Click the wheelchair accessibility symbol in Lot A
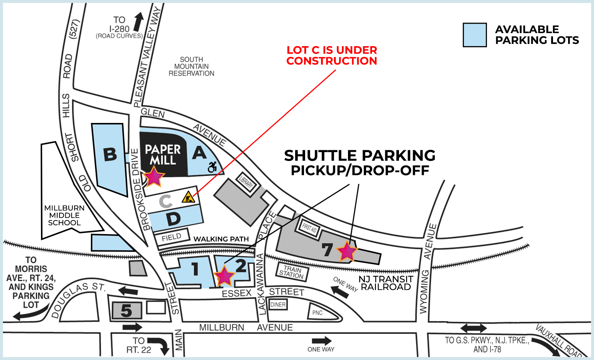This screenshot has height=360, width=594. [x=213, y=167]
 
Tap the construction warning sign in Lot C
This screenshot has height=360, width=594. [x=188, y=198]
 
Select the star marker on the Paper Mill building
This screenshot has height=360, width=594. [x=154, y=176]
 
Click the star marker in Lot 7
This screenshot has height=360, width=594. [x=346, y=251]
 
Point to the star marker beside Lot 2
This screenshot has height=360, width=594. [x=224, y=276]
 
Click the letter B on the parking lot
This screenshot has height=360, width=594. [x=110, y=154]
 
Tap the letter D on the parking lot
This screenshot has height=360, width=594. [x=173, y=219]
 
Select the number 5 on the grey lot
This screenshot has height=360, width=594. [x=126, y=311]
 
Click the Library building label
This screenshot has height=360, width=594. [x=246, y=182]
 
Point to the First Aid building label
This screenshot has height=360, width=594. [x=309, y=227]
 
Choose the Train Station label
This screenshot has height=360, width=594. [x=292, y=272]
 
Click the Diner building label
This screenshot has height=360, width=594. [x=278, y=305]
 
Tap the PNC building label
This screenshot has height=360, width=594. [x=317, y=313]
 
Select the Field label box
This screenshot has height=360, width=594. [x=171, y=237]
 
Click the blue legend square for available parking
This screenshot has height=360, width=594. [x=475, y=35]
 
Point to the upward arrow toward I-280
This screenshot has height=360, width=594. [x=139, y=22]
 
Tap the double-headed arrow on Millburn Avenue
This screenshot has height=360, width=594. [x=474, y=328]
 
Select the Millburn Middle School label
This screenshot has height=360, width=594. [x=65, y=215]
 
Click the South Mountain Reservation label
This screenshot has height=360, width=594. [x=191, y=66]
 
